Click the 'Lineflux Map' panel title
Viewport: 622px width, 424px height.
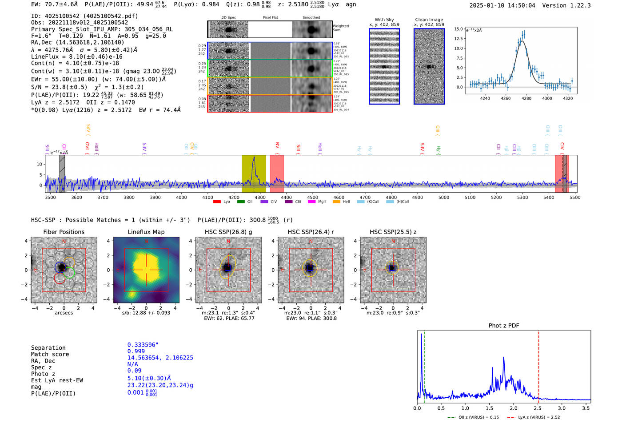tap(146, 232)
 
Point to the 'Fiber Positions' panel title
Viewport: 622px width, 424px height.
tap(64, 232)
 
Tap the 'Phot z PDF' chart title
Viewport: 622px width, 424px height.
tap(504, 325)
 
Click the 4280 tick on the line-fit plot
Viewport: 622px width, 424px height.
tap(526, 98)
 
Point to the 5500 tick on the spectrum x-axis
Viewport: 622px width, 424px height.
tap(575, 197)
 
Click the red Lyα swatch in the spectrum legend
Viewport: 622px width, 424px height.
tap(217, 202)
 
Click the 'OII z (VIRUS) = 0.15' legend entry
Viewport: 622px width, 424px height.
tap(474, 417)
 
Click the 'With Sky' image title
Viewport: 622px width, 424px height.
tap(384, 20)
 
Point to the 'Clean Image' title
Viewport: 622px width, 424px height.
tap(429, 20)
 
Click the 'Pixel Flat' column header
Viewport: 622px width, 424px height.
tap(270, 18)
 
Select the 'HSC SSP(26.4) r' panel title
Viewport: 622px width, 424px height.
tap(311, 232)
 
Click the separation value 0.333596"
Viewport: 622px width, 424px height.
tap(143, 345)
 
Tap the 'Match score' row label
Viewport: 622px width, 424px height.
tap(50, 354)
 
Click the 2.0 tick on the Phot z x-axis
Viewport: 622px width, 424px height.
tap(514, 408)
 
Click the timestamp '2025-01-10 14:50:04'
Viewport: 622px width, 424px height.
tap(502, 5)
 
